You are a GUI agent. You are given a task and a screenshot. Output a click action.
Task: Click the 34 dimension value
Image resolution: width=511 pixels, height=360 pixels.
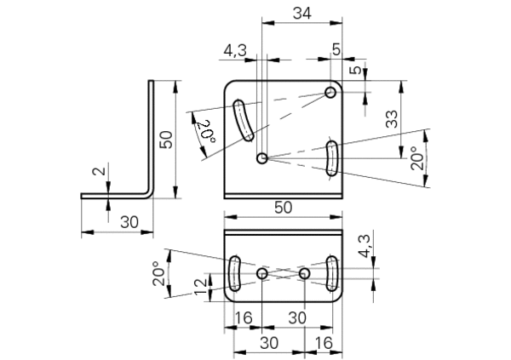pos(301,14)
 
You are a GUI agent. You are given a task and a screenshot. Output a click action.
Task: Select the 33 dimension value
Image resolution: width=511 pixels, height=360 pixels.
pos(392,119)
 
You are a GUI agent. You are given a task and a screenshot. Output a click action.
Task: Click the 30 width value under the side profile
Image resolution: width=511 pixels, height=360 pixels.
pos(129,222)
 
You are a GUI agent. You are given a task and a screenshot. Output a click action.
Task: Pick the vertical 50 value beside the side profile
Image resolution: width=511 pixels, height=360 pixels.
pos(166,140)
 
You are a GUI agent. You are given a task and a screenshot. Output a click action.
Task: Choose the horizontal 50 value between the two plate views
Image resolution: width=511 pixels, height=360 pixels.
pos(284,208)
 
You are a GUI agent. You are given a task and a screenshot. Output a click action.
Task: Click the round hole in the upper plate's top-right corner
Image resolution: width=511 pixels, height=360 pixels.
pos(330,93)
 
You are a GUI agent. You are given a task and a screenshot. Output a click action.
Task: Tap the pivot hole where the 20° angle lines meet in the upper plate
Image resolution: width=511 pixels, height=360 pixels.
pos(262,158)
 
